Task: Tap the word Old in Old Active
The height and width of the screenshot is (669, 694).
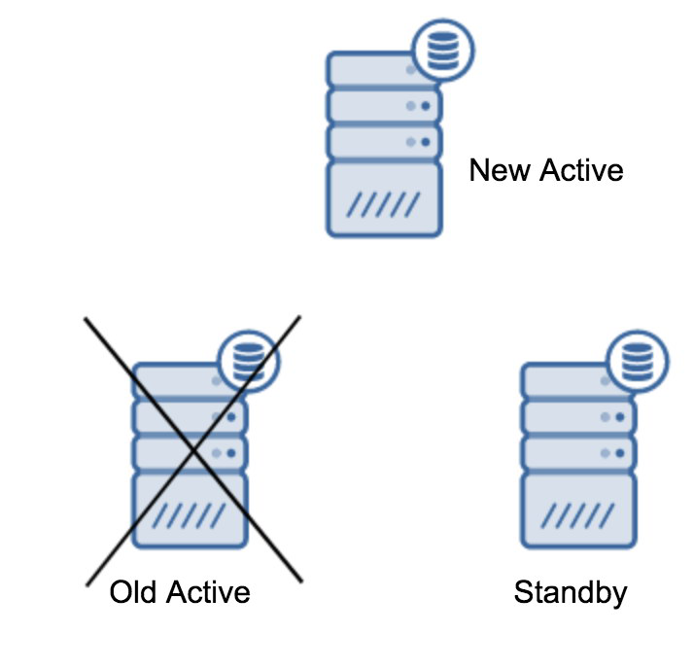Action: (134, 592)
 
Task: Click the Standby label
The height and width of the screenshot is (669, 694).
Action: (571, 592)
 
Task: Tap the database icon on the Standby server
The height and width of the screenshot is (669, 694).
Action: (637, 362)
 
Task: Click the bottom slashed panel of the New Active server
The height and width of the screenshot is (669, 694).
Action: (384, 199)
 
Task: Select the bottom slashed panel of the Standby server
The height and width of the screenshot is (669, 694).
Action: (579, 510)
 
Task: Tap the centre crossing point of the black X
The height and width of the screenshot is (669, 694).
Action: (194, 450)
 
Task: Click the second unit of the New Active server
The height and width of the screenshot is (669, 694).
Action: (384, 105)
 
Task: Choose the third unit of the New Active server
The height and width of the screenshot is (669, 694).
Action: (384, 141)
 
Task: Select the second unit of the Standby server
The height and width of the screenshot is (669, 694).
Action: (579, 416)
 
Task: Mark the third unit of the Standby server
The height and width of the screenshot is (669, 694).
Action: (579, 452)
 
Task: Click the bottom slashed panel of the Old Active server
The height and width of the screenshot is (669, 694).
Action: (191, 510)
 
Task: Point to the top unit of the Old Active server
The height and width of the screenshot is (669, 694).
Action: (175, 380)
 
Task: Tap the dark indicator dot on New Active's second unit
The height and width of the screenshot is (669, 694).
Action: (425, 105)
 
